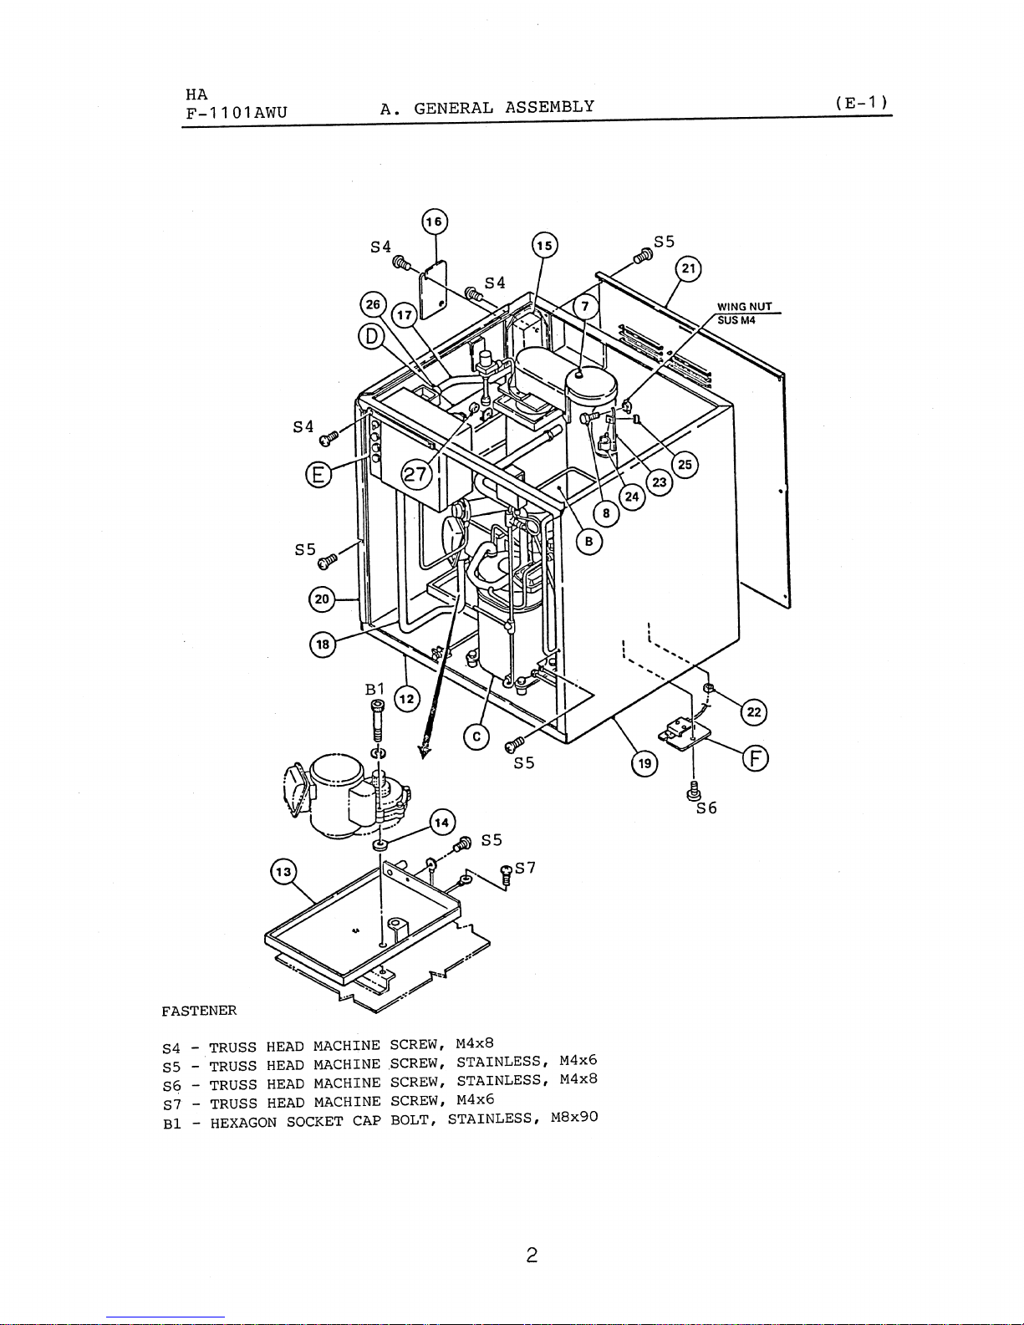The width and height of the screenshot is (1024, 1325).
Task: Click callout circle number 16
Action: click(435, 222)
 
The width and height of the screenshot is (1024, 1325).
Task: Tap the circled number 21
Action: click(688, 269)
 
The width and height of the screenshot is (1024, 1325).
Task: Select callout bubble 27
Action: click(415, 474)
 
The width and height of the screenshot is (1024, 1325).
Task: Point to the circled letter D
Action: click(371, 336)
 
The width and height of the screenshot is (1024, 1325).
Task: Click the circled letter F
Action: click(755, 759)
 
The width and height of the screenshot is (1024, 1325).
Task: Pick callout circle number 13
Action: click(283, 872)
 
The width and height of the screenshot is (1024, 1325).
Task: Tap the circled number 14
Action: click(442, 823)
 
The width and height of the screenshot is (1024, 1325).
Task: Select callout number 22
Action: click(754, 712)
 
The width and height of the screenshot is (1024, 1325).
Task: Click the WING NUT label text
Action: click(744, 307)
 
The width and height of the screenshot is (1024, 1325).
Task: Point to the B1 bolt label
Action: click(374, 689)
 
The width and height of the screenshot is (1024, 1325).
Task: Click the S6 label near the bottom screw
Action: click(706, 808)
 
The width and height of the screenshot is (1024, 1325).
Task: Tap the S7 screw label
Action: click(526, 867)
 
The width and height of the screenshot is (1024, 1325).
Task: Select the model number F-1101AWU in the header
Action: click(237, 113)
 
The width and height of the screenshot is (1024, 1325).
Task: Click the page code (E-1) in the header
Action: click(861, 103)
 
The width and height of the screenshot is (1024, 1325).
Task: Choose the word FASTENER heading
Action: click(199, 1011)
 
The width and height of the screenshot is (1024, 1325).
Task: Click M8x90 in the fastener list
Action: click(574, 1117)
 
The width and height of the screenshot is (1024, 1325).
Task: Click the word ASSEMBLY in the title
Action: click(549, 107)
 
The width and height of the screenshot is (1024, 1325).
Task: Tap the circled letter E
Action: click(318, 474)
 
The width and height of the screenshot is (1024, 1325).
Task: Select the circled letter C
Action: click(476, 737)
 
